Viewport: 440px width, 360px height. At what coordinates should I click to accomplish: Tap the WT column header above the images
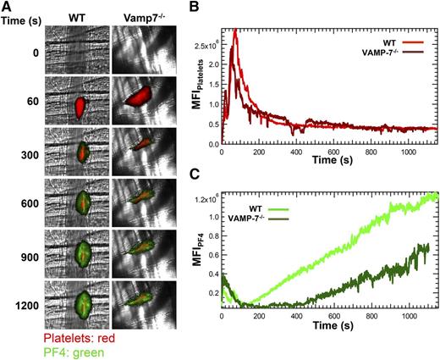click(76, 16)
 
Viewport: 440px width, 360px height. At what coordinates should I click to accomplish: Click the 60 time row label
click(26, 101)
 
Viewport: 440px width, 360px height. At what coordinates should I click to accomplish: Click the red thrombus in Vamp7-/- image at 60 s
click(140, 98)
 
